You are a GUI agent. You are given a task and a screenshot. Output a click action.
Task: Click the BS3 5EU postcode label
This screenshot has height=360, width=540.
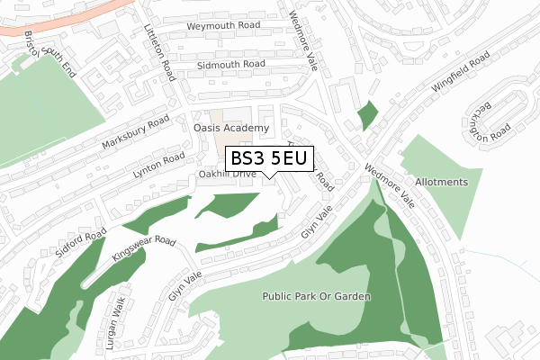pyautogui.click(x=269, y=159)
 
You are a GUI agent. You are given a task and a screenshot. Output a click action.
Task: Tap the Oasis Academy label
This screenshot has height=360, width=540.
pyautogui.click(x=231, y=129)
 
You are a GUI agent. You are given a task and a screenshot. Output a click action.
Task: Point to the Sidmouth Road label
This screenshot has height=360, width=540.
pyautogui.click(x=231, y=65)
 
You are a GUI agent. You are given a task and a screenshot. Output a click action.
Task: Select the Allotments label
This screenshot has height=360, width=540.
pyautogui.click(x=441, y=182)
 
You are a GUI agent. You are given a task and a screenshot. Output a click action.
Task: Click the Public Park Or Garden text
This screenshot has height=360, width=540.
pyautogui.click(x=316, y=296)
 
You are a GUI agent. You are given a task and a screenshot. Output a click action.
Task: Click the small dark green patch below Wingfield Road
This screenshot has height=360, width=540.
pyautogui.click(x=367, y=115)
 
